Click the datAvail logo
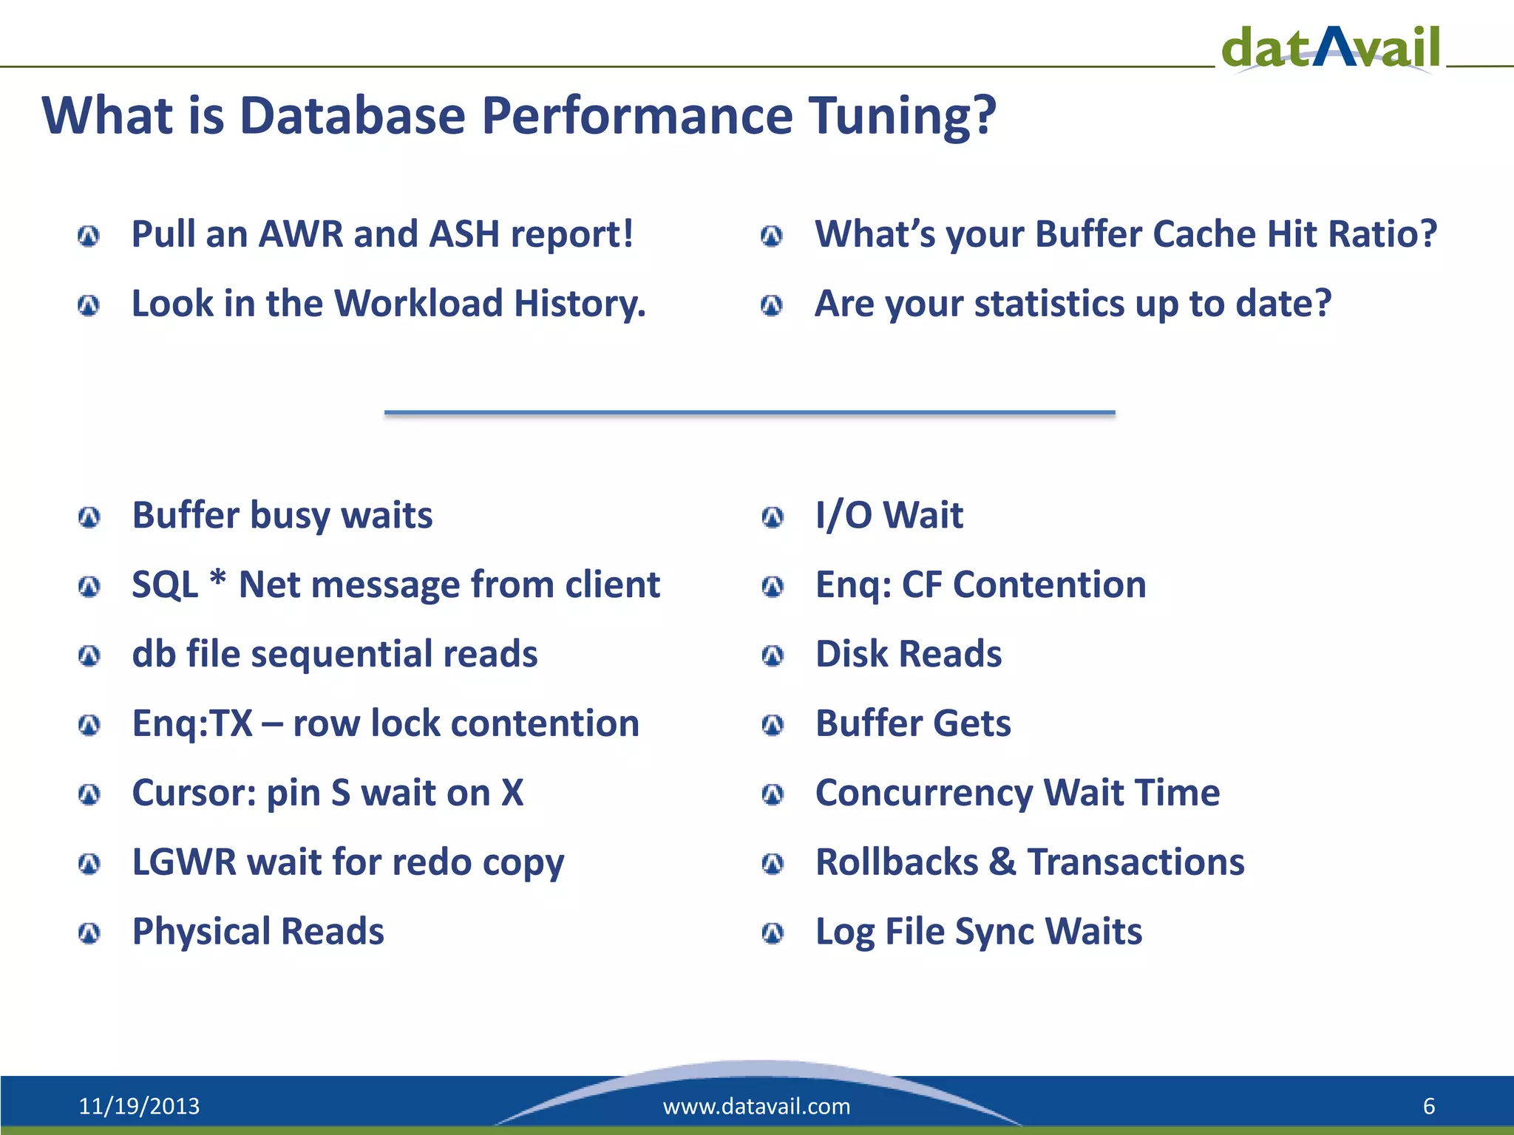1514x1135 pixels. pos(1331,47)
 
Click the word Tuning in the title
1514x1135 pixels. pos(902,116)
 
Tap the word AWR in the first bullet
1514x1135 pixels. pos(300,234)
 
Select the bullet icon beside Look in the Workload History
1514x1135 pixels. pos(89,305)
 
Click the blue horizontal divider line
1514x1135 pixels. pos(749,412)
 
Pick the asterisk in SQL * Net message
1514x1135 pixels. pos(218,580)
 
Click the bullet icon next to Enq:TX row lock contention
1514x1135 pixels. pos(89,725)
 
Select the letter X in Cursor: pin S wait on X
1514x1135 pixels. pos(512,793)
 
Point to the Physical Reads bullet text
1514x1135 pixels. pos(258,931)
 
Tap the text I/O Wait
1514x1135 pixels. pos(889,515)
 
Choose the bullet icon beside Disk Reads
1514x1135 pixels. pos(773,655)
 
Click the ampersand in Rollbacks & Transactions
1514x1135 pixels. pos(1002,862)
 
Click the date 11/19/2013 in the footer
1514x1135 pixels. pos(139,1106)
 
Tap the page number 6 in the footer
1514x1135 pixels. pos(1428,1106)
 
